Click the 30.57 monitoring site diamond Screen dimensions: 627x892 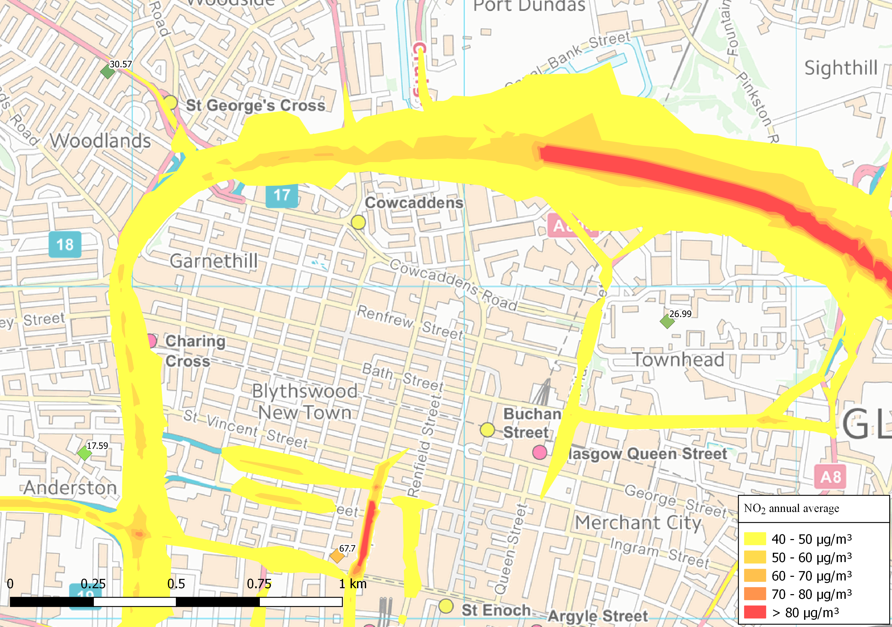(x=108, y=72)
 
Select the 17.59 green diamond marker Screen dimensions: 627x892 (x=84, y=453)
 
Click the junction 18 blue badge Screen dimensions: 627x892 (x=65, y=244)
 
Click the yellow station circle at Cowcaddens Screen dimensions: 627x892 (x=358, y=222)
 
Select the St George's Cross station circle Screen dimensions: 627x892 (x=170, y=103)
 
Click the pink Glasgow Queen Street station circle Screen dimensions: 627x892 (x=540, y=452)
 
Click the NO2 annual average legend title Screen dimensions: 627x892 (x=791, y=509)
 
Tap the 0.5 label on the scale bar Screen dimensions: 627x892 (x=176, y=584)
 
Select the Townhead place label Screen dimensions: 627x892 (x=679, y=360)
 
